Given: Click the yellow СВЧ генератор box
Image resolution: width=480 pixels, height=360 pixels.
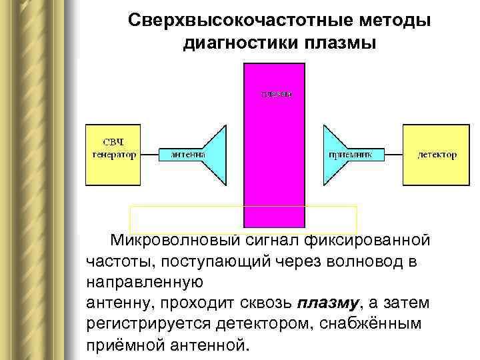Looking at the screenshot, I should [x=113, y=154].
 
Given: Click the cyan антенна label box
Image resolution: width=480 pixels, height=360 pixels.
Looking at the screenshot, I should [x=183, y=155].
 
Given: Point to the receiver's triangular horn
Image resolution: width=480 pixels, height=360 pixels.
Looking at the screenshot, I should [x=333, y=154].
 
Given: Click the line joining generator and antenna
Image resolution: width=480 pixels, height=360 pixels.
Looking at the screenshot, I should [x=150, y=155].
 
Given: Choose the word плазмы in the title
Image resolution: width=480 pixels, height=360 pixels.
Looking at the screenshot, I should [x=340, y=44].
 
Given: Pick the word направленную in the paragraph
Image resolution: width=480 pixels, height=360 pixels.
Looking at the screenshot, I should [x=145, y=282].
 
